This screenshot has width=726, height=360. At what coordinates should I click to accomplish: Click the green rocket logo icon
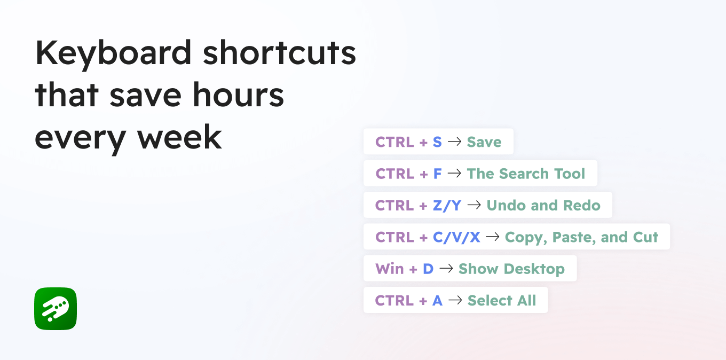coord(56,309)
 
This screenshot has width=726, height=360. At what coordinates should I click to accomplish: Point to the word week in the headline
coord(180,137)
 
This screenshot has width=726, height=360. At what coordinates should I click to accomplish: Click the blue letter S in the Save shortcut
coord(437,142)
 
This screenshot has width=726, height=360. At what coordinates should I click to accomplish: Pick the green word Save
coord(484,142)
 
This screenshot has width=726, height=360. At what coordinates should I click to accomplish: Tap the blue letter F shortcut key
coord(438,174)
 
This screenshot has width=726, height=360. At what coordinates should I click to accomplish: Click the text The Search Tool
coord(526,174)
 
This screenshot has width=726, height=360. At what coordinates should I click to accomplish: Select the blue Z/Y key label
coord(447,206)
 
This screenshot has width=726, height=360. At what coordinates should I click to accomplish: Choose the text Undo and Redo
coord(543,206)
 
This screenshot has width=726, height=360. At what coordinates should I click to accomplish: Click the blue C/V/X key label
coord(456,237)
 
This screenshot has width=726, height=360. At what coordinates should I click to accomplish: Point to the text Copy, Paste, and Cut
coord(581,237)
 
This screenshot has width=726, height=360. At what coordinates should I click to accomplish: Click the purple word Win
coord(390,269)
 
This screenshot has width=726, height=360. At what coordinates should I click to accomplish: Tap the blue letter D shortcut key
coord(428,269)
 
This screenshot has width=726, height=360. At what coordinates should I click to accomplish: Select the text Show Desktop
coord(511,269)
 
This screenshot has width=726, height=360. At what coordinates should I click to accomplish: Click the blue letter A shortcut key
coord(438,301)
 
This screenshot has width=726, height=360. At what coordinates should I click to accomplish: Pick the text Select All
coord(502,301)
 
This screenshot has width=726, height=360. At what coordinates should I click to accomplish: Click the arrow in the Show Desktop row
coord(446,269)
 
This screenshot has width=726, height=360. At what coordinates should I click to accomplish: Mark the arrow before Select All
coord(455,301)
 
